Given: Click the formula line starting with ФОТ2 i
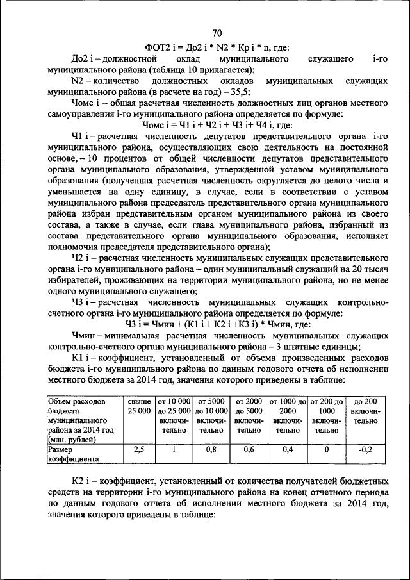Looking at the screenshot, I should pos(217,47).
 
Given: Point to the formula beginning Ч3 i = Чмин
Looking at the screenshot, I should pos(217,324).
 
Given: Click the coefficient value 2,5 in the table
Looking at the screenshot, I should pos(139,450).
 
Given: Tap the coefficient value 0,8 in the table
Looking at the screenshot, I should pos(211,450).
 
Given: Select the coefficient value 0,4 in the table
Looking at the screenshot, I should pos(288,450).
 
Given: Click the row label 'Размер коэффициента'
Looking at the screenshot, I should pos(71,454).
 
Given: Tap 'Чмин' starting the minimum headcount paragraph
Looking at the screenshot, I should pos(86,335).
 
